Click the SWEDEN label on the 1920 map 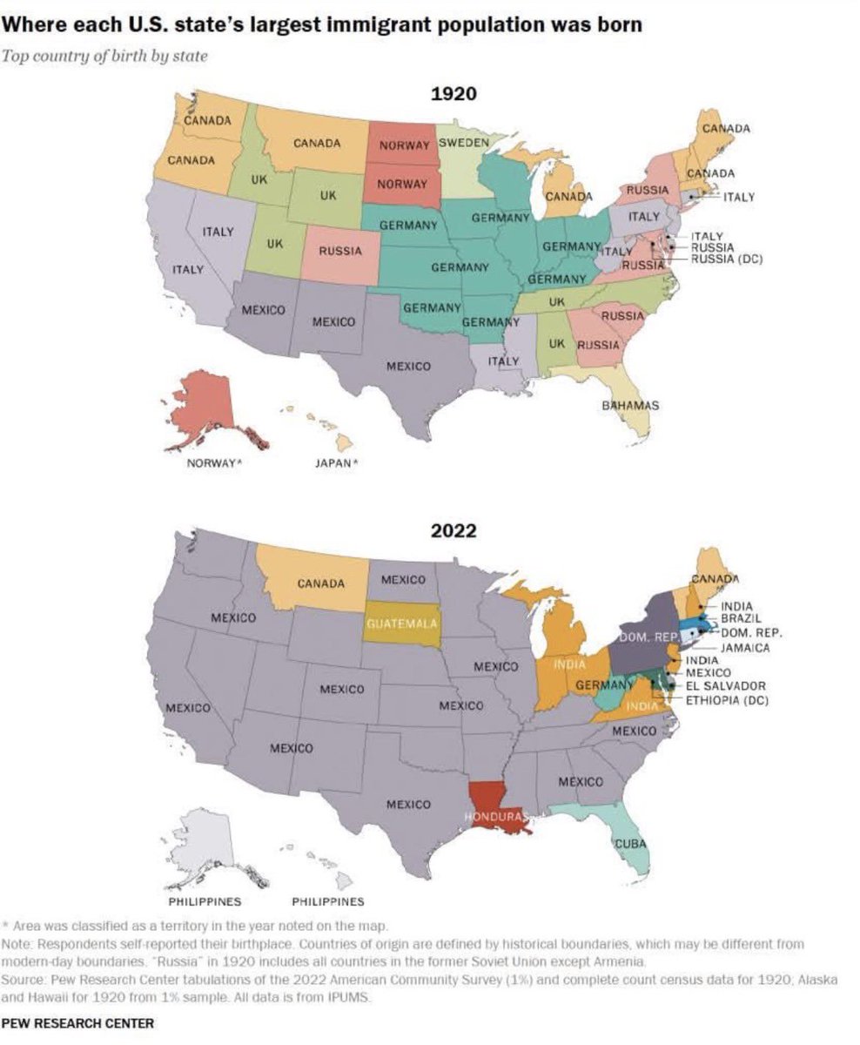coord(462,142)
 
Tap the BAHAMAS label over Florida coord(630,406)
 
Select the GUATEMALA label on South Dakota coord(401,624)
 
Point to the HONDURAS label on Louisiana coord(496,817)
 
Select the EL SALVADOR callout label coord(726,686)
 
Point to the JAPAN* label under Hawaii coord(336,463)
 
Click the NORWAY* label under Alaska coord(214,463)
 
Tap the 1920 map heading coord(454,93)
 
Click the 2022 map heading coord(454,530)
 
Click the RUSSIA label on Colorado coord(339,251)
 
